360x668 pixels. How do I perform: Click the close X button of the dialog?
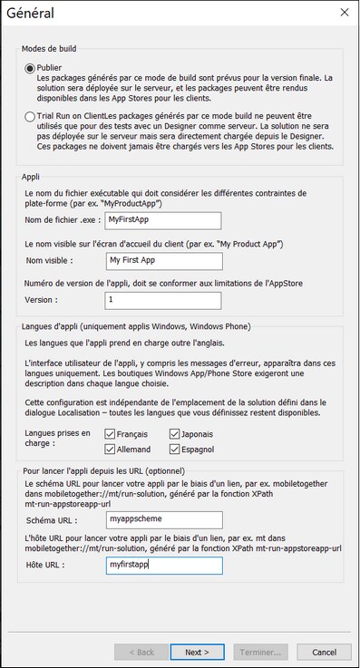coord(344,13)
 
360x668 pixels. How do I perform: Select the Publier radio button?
coord(30,68)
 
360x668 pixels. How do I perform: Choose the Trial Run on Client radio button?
coord(30,117)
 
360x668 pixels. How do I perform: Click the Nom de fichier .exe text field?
coord(163,220)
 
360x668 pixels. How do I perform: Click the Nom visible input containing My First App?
coord(163,261)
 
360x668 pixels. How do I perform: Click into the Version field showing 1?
coord(163,299)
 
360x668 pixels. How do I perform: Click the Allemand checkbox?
coord(110,449)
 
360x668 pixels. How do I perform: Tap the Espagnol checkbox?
coord(173,449)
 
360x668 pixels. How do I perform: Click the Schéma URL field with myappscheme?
coord(163,520)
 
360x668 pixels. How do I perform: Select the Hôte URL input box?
coord(163,566)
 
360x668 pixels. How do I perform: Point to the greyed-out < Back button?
coord(141,652)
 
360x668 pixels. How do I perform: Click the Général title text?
coord(29,13)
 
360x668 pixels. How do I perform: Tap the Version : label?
coord(43,300)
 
